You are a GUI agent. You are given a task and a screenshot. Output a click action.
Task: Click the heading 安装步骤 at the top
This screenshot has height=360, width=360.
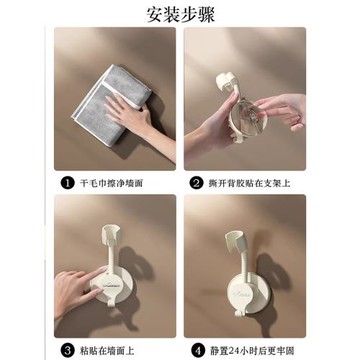tap(180, 12)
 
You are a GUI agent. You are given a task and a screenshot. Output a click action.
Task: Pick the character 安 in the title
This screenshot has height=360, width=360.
tap(151, 12)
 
